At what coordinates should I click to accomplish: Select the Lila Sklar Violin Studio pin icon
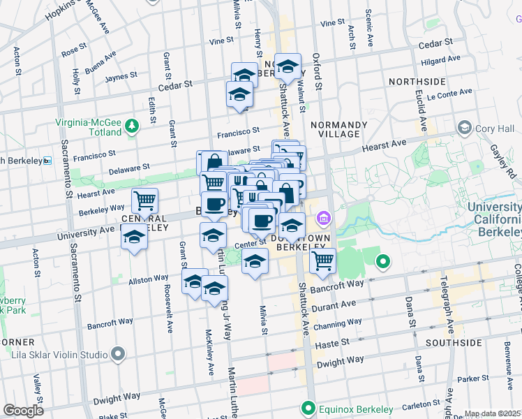pyautogui.click(x=118, y=355)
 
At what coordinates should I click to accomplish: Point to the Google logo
pyautogui.click(x=23, y=411)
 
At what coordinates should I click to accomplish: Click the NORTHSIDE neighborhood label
pyautogui.click(x=417, y=82)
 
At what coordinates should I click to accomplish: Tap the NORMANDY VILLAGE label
pyautogui.click(x=338, y=130)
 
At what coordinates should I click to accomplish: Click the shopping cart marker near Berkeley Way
pyautogui.click(x=145, y=200)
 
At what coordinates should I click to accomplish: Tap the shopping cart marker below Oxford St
pyautogui.click(x=322, y=260)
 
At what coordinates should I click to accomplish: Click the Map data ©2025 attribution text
pyautogui.click(x=493, y=413)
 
